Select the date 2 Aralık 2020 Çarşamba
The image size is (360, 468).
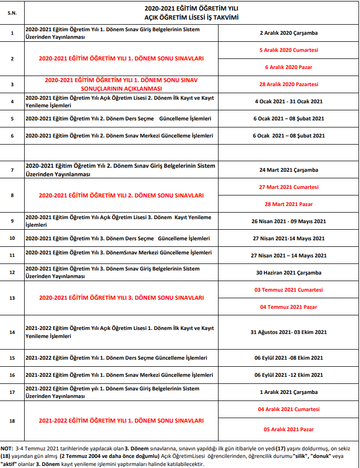coord(289,33)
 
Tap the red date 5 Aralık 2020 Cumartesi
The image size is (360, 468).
coord(289,50)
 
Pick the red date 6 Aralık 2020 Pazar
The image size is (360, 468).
coord(289,67)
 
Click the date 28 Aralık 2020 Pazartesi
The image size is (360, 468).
coord(289,84)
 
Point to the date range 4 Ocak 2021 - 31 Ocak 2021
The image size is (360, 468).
coord(289,101)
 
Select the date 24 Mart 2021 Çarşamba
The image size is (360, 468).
coord(289,170)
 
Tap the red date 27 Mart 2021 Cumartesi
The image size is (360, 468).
coord(289,187)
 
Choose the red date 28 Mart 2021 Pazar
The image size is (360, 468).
coord(289,204)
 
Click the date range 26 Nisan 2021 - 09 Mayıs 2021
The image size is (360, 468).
coord(289,221)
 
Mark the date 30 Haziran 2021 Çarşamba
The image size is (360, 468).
coord(289,273)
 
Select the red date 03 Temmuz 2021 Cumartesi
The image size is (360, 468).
coord(289,290)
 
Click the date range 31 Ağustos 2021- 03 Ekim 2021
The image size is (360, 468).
coord(289,332)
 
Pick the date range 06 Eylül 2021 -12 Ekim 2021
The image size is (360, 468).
coord(289,375)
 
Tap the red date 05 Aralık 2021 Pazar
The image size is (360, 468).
coord(289,429)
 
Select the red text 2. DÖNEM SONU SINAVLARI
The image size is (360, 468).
coord(121,195)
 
